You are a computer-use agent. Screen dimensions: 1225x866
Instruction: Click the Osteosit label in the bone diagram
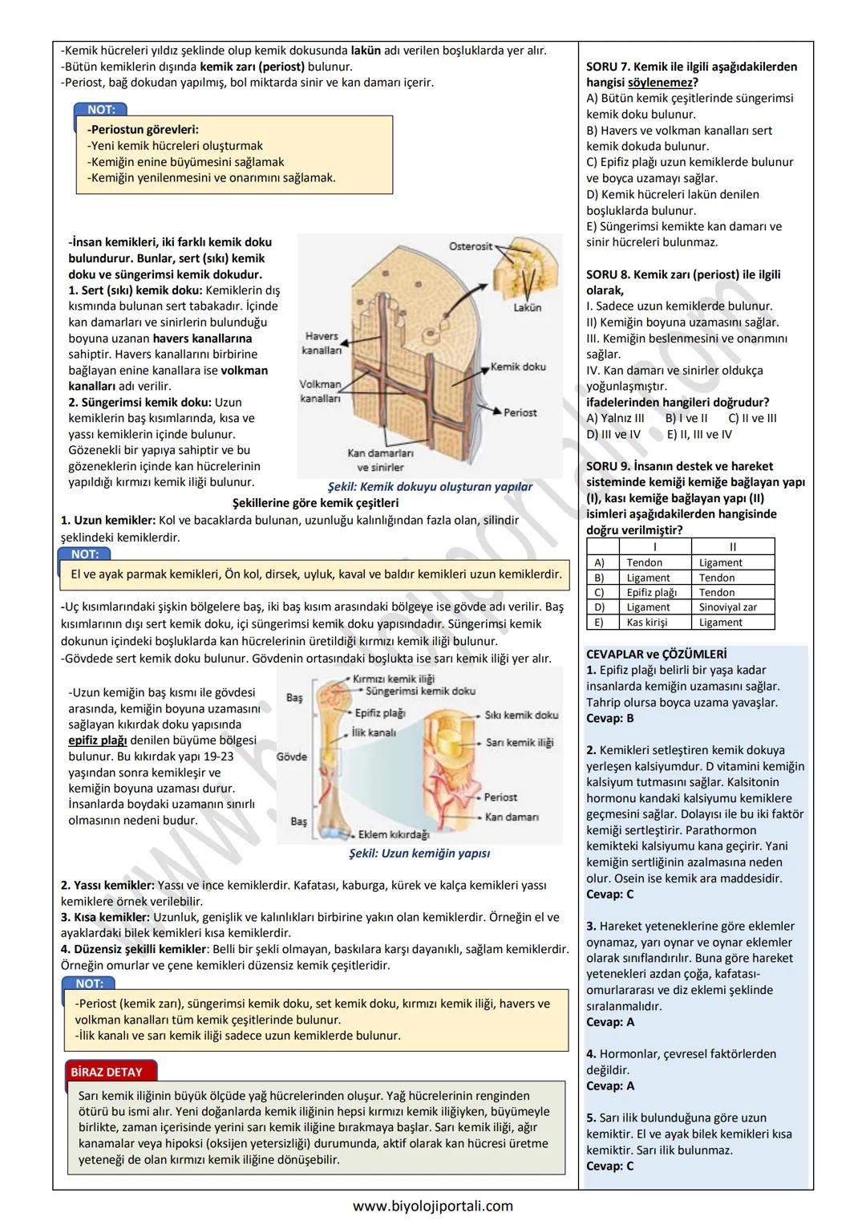pyautogui.click(x=471, y=246)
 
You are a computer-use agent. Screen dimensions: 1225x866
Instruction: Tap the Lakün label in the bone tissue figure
pyautogui.click(x=527, y=307)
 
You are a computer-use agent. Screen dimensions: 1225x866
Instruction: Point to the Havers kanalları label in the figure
pyautogui.click(x=322, y=343)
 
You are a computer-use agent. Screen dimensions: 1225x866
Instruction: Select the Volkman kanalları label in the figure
pyautogui.click(x=320, y=391)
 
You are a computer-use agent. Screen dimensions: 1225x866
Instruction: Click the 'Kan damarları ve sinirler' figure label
pyautogui.click(x=380, y=460)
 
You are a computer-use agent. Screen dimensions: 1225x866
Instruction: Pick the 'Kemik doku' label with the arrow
pyautogui.click(x=518, y=367)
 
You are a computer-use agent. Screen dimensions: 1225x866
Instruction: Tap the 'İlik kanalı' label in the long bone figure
pyautogui.click(x=374, y=732)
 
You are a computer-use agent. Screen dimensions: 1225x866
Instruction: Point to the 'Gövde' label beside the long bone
pyautogui.click(x=292, y=756)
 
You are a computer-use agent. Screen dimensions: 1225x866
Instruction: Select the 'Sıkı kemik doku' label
pyautogui.click(x=521, y=715)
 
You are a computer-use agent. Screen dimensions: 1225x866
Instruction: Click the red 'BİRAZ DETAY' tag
pyautogui.click(x=107, y=1072)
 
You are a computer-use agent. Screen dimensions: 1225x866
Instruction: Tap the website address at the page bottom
pyautogui.click(x=433, y=1206)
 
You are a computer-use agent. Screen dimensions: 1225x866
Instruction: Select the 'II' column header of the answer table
pyautogui.click(x=732, y=547)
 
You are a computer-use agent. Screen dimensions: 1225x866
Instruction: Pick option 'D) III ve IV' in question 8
pyautogui.click(x=613, y=434)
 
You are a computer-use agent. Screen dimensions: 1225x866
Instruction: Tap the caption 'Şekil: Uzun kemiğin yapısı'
pyautogui.click(x=419, y=854)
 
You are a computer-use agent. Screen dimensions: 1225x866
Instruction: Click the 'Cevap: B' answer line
pyautogui.click(x=610, y=718)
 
